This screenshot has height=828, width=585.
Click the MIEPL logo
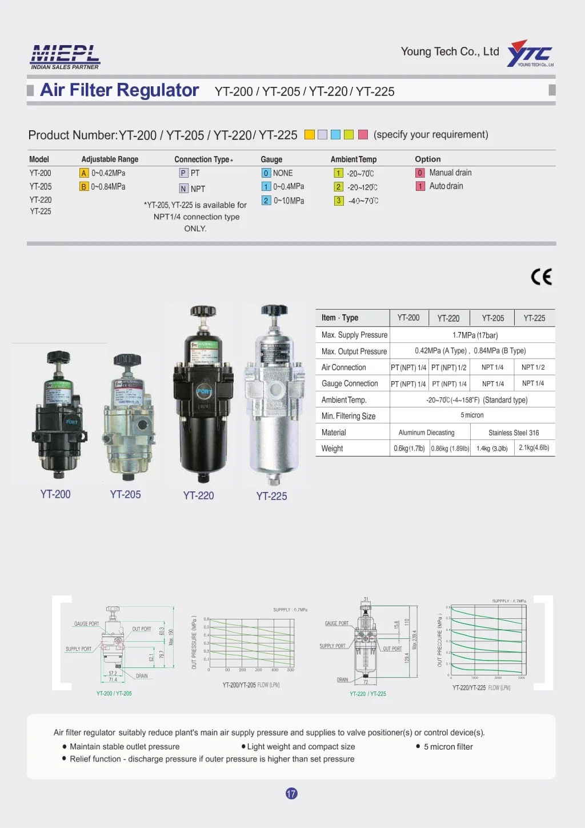pyautogui.click(x=65, y=57)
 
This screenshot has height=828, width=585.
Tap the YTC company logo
pyautogui.click(x=530, y=54)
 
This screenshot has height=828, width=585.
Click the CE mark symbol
pyautogui.click(x=541, y=277)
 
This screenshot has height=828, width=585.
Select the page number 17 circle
pyautogui.click(x=291, y=793)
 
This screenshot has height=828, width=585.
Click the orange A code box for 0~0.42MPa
pyautogui.click(x=84, y=173)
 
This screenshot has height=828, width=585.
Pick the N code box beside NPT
pyautogui.click(x=183, y=189)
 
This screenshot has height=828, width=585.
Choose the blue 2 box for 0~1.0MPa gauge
pyautogui.click(x=266, y=201)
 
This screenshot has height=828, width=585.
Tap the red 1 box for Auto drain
pyautogui.click(x=420, y=186)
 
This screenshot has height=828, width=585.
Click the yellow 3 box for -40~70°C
pyautogui.click(x=339, y=201)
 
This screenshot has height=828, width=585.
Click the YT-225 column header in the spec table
pyautogui.click(x=534, y=318)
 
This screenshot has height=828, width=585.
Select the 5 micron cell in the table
pyautogui.click(x=472, y=415)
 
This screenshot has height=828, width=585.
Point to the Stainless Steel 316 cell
pyautogui.click(x=513, y=433)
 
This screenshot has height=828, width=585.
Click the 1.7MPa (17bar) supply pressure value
pyautogui.click(x=475, y=335)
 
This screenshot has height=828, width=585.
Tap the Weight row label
pyautogui.click(x=332, y=449)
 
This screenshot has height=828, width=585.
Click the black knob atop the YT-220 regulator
pyautogui.click(x=203, y=312)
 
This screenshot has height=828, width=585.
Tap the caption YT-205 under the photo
pyautogui.click(x=125, y=495)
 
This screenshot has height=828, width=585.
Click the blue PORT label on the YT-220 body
pyautogui.click(x=204, y=391)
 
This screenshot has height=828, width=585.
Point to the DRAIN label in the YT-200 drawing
pyautogui.click(x=142, y=676)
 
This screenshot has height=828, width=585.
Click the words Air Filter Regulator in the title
pyautogui.click(x=119, y=90)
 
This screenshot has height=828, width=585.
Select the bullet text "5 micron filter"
pyautogui.click(x=448, y=747)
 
